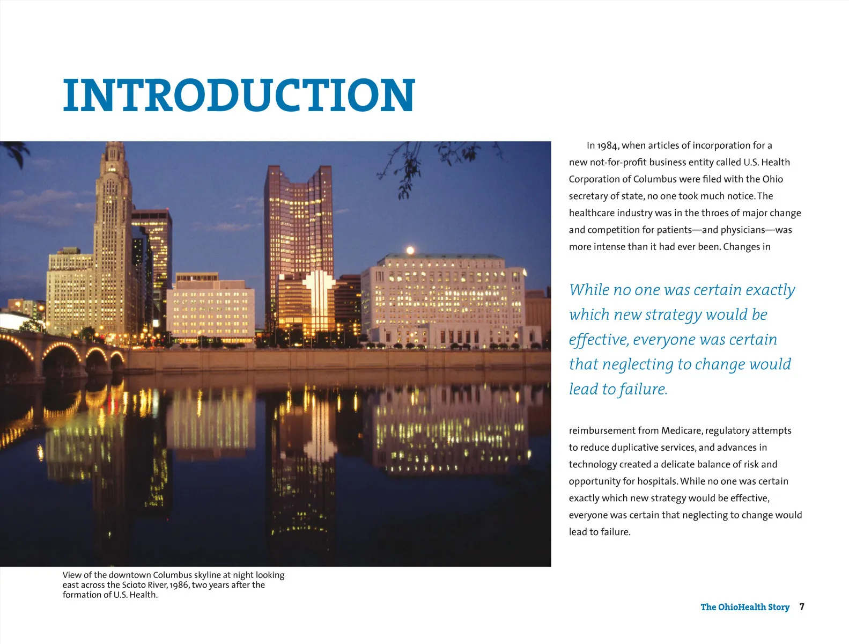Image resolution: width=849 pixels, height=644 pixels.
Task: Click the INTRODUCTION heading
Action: tap(239, 96)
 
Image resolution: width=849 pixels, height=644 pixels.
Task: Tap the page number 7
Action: tap(802, 607)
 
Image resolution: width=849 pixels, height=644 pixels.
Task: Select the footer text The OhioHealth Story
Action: tap(744, 607)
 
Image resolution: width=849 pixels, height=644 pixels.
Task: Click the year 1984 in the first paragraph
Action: tap(608, 145)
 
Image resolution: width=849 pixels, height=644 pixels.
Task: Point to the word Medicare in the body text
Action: tap(681, 430)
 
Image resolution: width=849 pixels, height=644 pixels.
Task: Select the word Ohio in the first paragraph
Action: tap(773, 179)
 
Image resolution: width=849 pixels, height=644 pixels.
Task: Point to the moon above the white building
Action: tap(410, 250)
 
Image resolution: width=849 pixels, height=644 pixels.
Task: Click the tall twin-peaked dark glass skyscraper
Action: tap(298, 225)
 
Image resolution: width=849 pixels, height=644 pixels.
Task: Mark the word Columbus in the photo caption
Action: tap(172, 575)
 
